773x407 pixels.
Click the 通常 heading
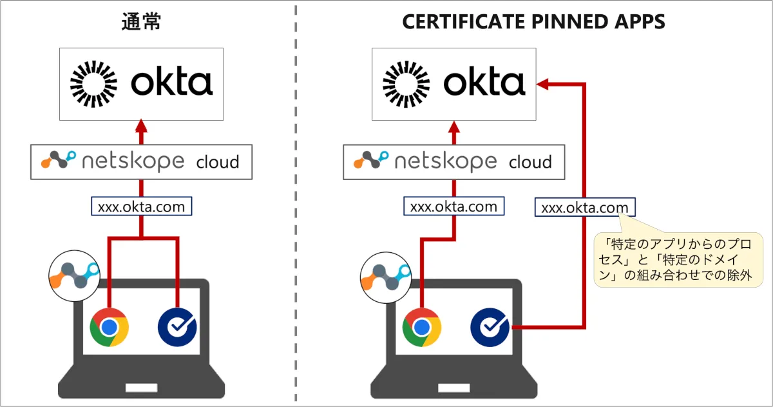pyautogui.click(x=141, y=22)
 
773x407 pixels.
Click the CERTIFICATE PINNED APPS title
pyautogui.click(x=533, y=22)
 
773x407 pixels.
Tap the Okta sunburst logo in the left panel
pyautogui.click(x=94, y=83)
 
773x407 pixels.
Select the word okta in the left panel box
pyautogui.click(x=171, y=83)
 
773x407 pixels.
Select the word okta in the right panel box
pyautogui.click(x=484, y=83)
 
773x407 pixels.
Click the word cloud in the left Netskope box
pyautogui.click(x=217, y=161)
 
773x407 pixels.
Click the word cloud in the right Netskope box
pyautogui.click(x=530, y=161)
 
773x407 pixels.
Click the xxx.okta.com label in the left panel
pyautogui.click(x=141, y=207)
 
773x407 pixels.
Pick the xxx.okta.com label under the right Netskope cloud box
pyautogui.click(x=453, y=207)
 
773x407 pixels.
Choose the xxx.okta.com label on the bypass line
pyautogui.click(x=584, y=208)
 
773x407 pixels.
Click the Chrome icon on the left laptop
pyautogui.click(x=109, y=328)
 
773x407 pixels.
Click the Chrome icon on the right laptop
pyautogui.click(x=422, y=328)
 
